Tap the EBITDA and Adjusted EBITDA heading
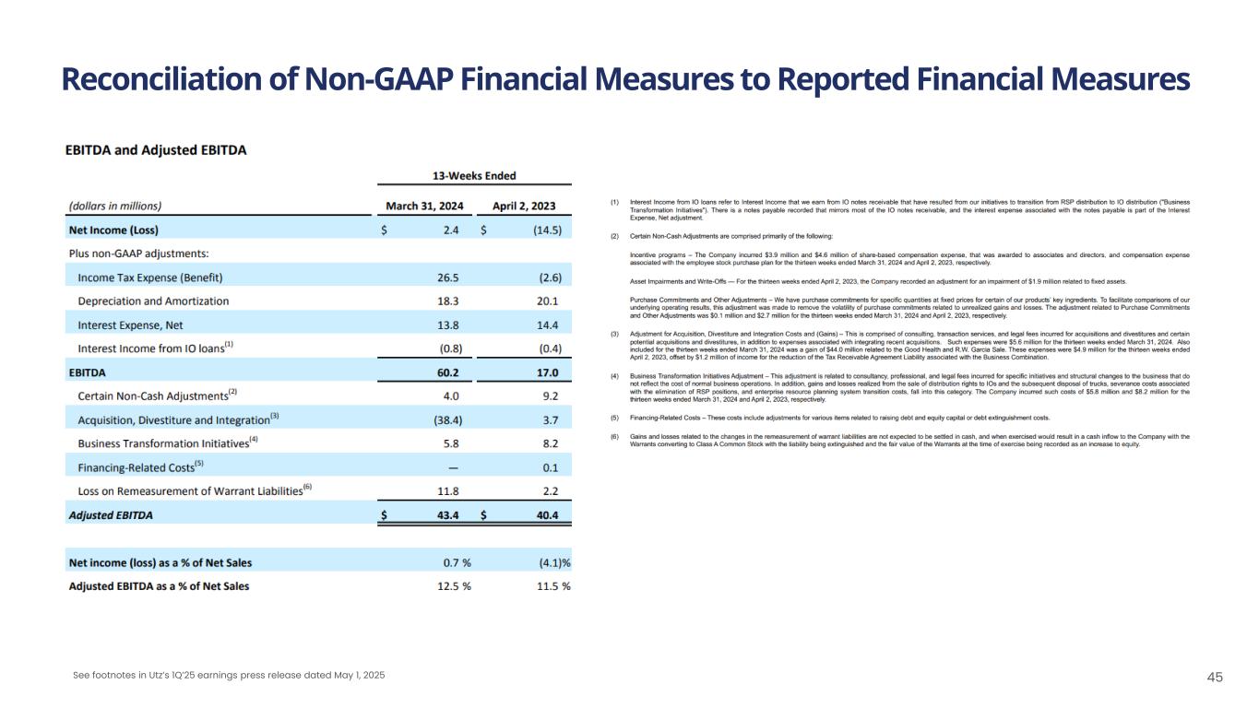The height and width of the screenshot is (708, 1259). pyautogui.click(x=156, y=150)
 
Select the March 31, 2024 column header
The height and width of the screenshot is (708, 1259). pyautogui.click(x=424, y=206)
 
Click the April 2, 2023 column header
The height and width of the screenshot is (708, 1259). pyautogui.click(x=524, y=206)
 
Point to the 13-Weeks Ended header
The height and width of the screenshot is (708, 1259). pyautogui.click(x=475, y=176)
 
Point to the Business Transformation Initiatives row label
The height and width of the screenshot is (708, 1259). pyautogui.click(x=163, y=443)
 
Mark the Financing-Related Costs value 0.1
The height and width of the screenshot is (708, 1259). pyautogui.click(x=550, y=467)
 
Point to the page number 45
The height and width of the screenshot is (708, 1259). pyautogui.click(x=1215, y=678)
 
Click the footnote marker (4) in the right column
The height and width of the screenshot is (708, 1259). pyautogui.click(x=614, y=376)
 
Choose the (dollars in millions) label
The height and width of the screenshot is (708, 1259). pyautogui.click(x=115, y=206)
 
